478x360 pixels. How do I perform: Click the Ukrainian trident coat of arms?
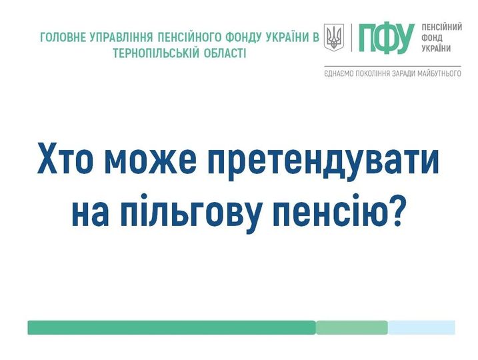pos(334,37)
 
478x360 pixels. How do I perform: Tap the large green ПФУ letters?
pos(386,38)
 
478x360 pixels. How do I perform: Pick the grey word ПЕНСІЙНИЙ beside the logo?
pos(442,27)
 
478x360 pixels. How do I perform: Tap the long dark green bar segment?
pos(171,327)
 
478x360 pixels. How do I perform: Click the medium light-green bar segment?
pos(352,327)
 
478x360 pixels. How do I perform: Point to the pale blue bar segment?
pos(421,327)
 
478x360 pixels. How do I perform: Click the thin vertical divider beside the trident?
pos(351,38)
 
